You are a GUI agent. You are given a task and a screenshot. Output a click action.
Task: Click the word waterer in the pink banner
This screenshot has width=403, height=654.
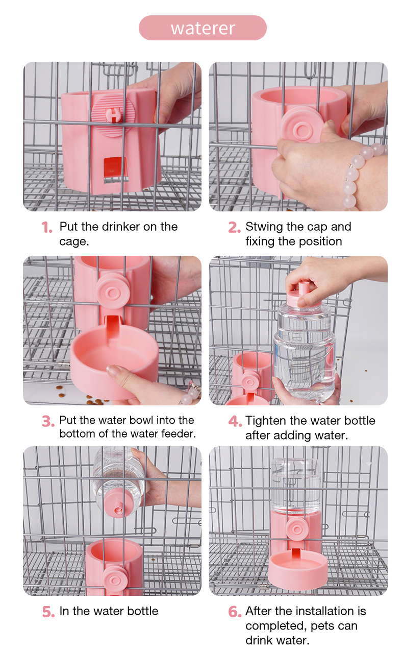click(x=203, y=28)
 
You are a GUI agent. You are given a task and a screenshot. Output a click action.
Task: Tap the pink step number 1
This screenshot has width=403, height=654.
click(x=47, y=227)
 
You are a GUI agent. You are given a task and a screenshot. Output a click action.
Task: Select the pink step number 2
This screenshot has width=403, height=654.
click(x=234, y=227)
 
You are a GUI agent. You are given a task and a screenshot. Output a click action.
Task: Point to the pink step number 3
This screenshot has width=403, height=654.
click(x=48, y=421)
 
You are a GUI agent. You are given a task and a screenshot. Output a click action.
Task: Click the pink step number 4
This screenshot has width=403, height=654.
click(x=235, y=421)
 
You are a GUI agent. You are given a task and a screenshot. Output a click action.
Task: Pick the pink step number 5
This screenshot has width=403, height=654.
click(x=48, y=612)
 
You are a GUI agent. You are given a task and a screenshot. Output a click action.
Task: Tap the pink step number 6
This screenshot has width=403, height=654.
click(x=235, y=612)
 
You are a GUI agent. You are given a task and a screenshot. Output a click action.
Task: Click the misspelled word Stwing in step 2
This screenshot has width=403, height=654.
click(x=264, y=227)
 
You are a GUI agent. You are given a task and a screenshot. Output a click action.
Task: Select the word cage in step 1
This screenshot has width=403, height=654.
click(x=73, y=242)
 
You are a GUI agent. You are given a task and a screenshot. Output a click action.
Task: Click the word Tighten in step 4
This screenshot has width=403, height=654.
click(x=266, y=421)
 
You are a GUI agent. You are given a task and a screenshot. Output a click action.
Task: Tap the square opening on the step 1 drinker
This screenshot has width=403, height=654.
click(x=116, y=169)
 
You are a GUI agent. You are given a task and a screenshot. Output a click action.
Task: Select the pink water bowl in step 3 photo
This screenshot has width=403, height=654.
click(x=114, y=361)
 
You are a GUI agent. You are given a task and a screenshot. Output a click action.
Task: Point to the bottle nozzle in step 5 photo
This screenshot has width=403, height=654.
click(x=118, y=508)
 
